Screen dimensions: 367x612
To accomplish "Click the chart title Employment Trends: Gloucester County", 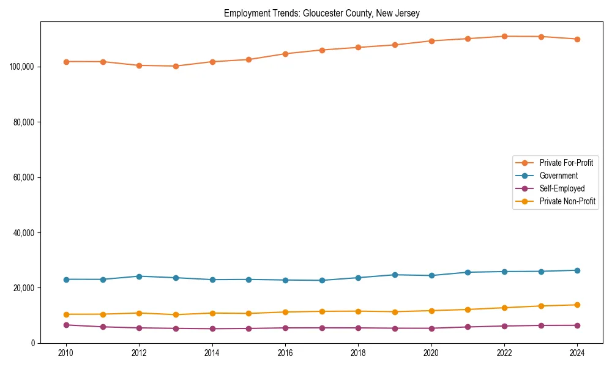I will [x=321, y=13].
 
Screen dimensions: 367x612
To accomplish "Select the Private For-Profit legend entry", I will [x=566, y=163].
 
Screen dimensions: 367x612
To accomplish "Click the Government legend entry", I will [x=558, y=176].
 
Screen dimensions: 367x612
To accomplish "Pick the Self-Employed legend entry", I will [x=562, y=188].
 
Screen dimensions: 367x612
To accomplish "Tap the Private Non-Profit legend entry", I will [x=567, y=201].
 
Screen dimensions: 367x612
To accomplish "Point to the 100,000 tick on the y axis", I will [x=23, y=67].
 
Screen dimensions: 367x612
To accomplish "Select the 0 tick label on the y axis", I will [x=34, y=343].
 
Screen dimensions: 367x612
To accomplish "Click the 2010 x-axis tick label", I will [x=66, y=354].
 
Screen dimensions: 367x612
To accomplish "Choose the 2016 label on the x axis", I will [x=285, y=354].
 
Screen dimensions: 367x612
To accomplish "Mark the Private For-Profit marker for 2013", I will [x=176, y=66].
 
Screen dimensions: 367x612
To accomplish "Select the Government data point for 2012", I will [x=139, y=276].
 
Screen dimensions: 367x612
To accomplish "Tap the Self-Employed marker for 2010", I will [x=66, y=325].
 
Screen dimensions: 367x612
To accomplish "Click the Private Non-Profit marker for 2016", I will [x=285, y=312].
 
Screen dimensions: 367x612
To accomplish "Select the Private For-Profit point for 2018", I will [x=358, y=47].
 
